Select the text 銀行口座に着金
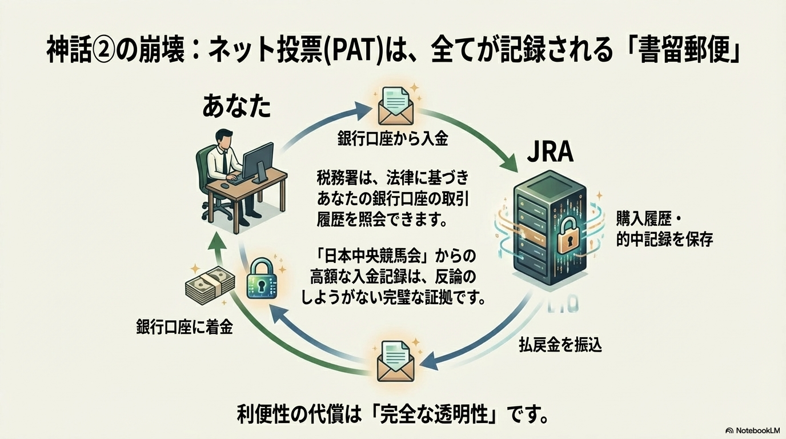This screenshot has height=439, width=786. (185, 328)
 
